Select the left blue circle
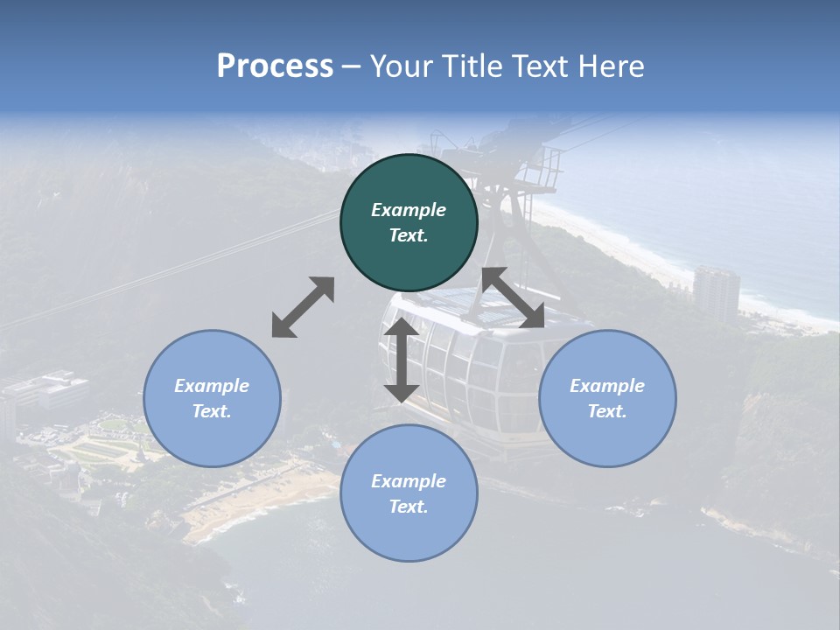[212, 398]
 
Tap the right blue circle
[607, 398]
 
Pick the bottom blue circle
[409, 493]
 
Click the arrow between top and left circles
[303, 307]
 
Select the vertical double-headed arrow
[402, 360]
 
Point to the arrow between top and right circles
[513, 297]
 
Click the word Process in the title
[275, 66]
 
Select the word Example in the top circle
[409, 210]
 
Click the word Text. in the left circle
[212, 411]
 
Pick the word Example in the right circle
[607, 386]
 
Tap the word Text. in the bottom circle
[409, 507]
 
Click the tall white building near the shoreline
[716, 294]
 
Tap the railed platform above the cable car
[525, 166]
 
